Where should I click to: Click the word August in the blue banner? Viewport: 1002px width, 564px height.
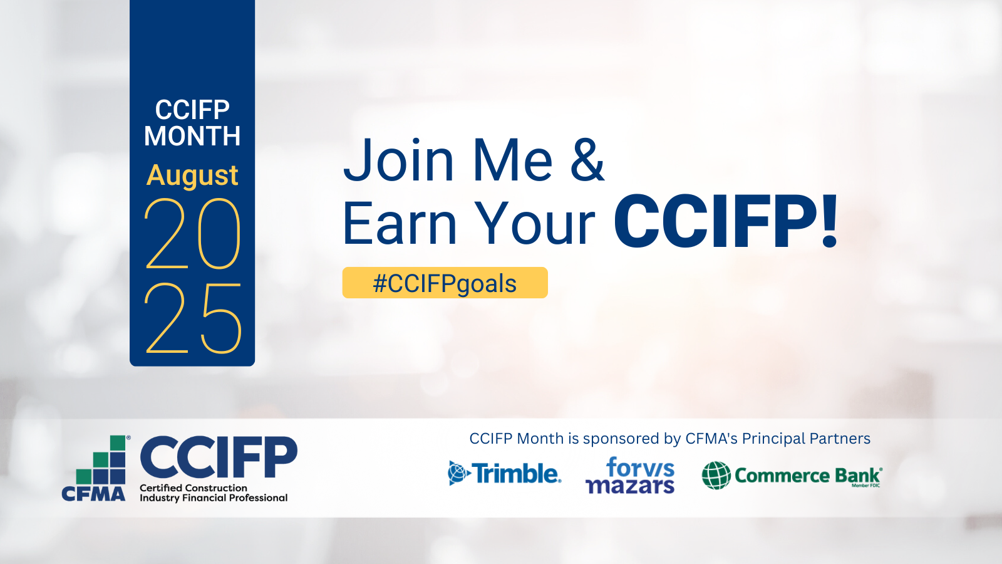pos(192,176)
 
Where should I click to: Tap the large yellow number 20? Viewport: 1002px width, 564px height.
pos(192,234)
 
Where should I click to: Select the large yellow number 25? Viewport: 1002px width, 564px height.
pos(192,318)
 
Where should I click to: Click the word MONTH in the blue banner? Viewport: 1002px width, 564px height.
pos(192,135)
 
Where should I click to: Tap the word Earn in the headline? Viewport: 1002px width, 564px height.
pos(400,223)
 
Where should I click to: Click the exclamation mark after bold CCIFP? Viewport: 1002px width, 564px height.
pos(829,221)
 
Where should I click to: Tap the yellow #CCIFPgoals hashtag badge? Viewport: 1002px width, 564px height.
pos(445,283)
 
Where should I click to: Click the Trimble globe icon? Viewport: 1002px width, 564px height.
pos(459,473)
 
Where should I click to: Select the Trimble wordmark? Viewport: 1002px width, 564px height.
pos(517,474)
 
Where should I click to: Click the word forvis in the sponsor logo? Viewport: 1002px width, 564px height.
pos(640,467)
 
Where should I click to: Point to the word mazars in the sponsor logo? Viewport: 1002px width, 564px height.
pos(630,486)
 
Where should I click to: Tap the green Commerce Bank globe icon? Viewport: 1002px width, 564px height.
pos(716,476)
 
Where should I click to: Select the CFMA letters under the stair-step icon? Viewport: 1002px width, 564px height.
pos(93,494)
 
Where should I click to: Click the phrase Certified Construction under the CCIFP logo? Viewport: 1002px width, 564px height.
pos(194,488)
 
